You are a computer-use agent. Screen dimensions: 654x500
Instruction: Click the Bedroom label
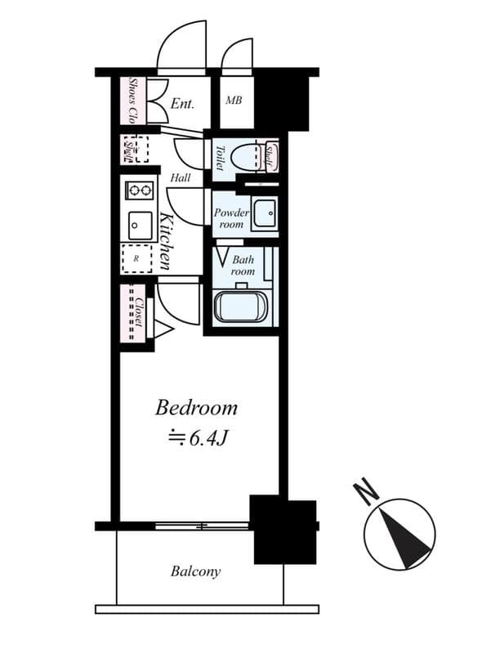[x=196, y=407]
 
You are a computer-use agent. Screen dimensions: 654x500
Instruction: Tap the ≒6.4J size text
[x=196, y=438]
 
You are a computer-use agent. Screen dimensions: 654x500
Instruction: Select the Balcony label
[x=195, y=571]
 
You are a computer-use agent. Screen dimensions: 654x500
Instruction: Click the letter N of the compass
[x=365, y=492]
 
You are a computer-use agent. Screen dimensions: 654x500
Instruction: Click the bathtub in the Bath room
[x=240, y=308]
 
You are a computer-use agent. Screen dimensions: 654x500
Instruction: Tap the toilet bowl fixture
[x=243, y=154]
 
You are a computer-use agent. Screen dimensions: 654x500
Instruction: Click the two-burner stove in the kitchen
[x=139, y=191]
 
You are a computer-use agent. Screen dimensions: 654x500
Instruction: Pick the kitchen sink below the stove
[x=140, y=224]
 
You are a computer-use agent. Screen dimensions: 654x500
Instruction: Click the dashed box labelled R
[x=136, y=258]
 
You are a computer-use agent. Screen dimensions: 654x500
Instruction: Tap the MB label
[x=234, y=101]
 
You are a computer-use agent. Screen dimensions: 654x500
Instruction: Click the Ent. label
[x=181, y=104]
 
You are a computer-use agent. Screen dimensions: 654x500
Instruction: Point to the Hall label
[x=181, y=177]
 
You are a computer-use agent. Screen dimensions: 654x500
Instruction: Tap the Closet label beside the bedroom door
[x=140, y=311]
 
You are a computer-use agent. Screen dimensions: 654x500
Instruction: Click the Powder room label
[x=230, y=217]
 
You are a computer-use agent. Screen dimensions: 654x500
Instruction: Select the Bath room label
[x=243, y=265]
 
